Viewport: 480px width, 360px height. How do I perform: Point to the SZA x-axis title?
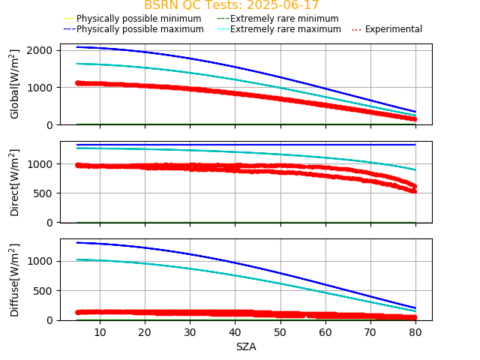(x=246, y=346)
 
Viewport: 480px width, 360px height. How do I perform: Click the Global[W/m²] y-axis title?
(x=15, y=84)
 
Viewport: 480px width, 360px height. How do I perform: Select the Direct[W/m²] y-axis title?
(x=15, y=182)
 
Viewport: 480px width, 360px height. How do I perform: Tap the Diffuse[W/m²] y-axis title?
(x=15, y=280)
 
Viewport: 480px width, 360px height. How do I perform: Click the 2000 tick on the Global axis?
(x=40, y=50)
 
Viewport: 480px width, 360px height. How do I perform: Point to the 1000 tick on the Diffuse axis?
(x=40, y=261)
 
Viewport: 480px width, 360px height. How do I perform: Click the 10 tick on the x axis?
(x=100, y=331)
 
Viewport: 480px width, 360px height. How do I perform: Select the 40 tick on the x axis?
(x=235, y=331)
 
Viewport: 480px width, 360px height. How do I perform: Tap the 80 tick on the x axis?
(x=415, y=331)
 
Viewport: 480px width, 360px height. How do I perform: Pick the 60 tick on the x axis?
(x=325, y=331)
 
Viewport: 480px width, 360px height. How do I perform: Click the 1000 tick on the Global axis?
(x=40, y=87)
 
